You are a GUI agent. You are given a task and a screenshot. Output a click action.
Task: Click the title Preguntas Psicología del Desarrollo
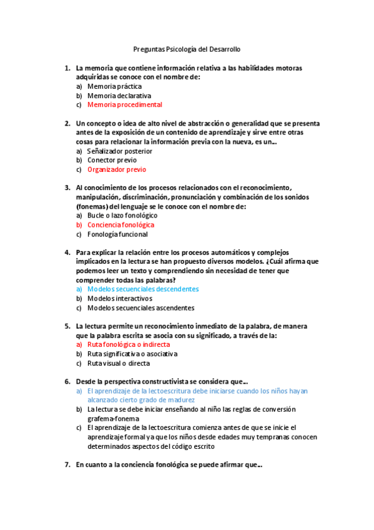tap(187, 49)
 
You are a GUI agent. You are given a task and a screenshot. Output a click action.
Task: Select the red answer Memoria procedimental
tap(124, 105)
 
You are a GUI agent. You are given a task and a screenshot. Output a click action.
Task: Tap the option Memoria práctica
tap(114, 86)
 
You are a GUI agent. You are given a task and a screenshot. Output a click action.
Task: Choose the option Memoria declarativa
tap(119, 96)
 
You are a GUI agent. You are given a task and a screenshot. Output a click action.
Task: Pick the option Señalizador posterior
tap(119, 151)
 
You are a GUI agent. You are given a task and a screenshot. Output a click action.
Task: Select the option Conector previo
tap(112, 160)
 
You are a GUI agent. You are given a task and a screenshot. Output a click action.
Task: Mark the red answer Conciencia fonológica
tap(121, 224)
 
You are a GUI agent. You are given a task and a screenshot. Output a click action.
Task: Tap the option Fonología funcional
tap(117, 234)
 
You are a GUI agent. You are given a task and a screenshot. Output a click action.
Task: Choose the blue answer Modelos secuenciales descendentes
tap(143, 289)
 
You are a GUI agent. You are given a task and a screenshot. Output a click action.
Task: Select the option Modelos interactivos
tap(119, 299)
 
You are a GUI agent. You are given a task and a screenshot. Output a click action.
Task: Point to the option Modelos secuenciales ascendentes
tap(140, 308)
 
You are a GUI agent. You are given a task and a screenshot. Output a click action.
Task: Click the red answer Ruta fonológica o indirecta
tap(128, 344)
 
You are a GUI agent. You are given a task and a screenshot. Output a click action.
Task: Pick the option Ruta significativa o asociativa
tap(132, 354)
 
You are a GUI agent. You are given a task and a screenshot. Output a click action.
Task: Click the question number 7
tap(67, 465)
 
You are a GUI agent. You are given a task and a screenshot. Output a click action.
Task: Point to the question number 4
tap(67, 252)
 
